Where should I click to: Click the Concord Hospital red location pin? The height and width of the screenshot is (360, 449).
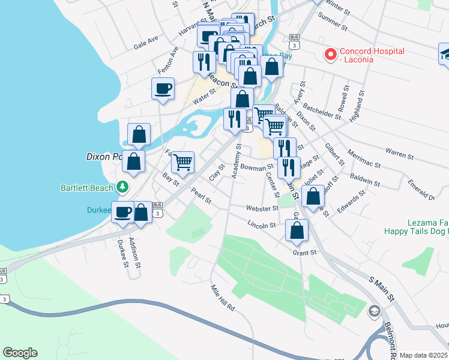[x=330, y=55]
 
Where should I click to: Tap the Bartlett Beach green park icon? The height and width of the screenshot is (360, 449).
[x=122, y=187]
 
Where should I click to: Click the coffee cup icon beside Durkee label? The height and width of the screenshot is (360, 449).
[x=124, y=212]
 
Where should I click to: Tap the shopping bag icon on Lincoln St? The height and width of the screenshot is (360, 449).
[x=297, y=230]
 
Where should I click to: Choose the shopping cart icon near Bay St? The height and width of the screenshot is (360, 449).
[x=182, y=161]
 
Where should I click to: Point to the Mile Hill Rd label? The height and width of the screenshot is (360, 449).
[x=222, y=298]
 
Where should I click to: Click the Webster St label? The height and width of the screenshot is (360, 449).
[x=262, y=208]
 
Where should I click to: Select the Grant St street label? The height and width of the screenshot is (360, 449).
[x=304, y=253]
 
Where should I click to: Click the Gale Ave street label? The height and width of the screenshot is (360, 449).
[x=146, y=41]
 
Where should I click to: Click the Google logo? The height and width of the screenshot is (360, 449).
[x=20, y=353]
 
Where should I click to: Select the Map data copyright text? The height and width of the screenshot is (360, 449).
[x=424, y=355]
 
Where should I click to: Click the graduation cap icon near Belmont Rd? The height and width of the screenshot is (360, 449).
[x=375, y=311]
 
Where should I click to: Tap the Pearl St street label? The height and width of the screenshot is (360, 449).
[x=201, y=196]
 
